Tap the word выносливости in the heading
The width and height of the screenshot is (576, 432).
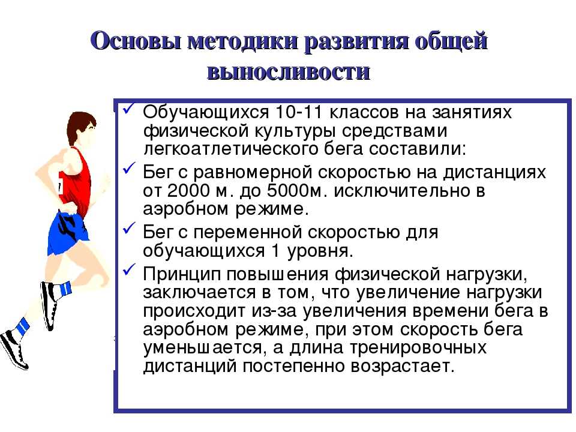[289, 71]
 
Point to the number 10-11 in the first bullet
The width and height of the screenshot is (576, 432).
[299, 112]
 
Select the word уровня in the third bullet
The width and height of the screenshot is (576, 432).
[320, 251]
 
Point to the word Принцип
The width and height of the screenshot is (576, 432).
[181, 274]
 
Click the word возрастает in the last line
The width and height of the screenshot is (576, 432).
[402, 366]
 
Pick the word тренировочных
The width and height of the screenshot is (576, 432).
[418, 347]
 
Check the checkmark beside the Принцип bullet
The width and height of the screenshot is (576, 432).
[130, 270]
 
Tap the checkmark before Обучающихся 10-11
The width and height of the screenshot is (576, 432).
[130, 109]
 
